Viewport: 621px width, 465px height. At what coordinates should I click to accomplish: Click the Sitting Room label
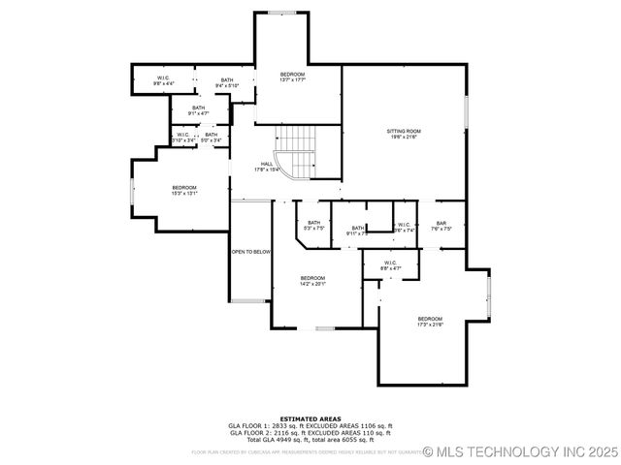(404, 134)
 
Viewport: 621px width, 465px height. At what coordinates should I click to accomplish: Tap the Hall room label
(267, 167)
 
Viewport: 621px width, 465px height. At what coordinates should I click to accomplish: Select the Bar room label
(441, 227)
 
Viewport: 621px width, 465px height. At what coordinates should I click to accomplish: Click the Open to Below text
(250, 252)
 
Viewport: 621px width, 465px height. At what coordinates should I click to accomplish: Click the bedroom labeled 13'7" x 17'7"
(293, 77)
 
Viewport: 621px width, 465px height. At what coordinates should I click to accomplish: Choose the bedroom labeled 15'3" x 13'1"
(184, 190)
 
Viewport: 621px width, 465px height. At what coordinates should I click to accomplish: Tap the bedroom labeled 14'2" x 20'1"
(312, 281)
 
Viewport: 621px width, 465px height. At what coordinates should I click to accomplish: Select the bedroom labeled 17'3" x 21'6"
(430, 322)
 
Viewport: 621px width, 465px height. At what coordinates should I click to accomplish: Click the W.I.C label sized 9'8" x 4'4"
(164, 80)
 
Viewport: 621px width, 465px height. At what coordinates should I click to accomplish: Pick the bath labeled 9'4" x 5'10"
(226, 82)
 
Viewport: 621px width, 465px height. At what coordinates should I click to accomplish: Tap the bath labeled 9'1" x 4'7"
(198, 110)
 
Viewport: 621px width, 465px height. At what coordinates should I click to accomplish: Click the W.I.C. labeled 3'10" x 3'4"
(183, 138)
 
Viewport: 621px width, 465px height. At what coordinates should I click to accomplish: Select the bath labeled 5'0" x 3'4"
(211, 138)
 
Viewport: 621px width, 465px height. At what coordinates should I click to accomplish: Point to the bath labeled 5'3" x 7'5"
(314, 226)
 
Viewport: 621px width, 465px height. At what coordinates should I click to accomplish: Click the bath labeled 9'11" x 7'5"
(358, 231)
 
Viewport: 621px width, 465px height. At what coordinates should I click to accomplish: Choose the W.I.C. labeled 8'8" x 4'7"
(390, 265)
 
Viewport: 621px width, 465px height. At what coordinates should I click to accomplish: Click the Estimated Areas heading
(310, 418)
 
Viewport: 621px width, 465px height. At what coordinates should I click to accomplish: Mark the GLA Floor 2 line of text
(310, 432)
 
